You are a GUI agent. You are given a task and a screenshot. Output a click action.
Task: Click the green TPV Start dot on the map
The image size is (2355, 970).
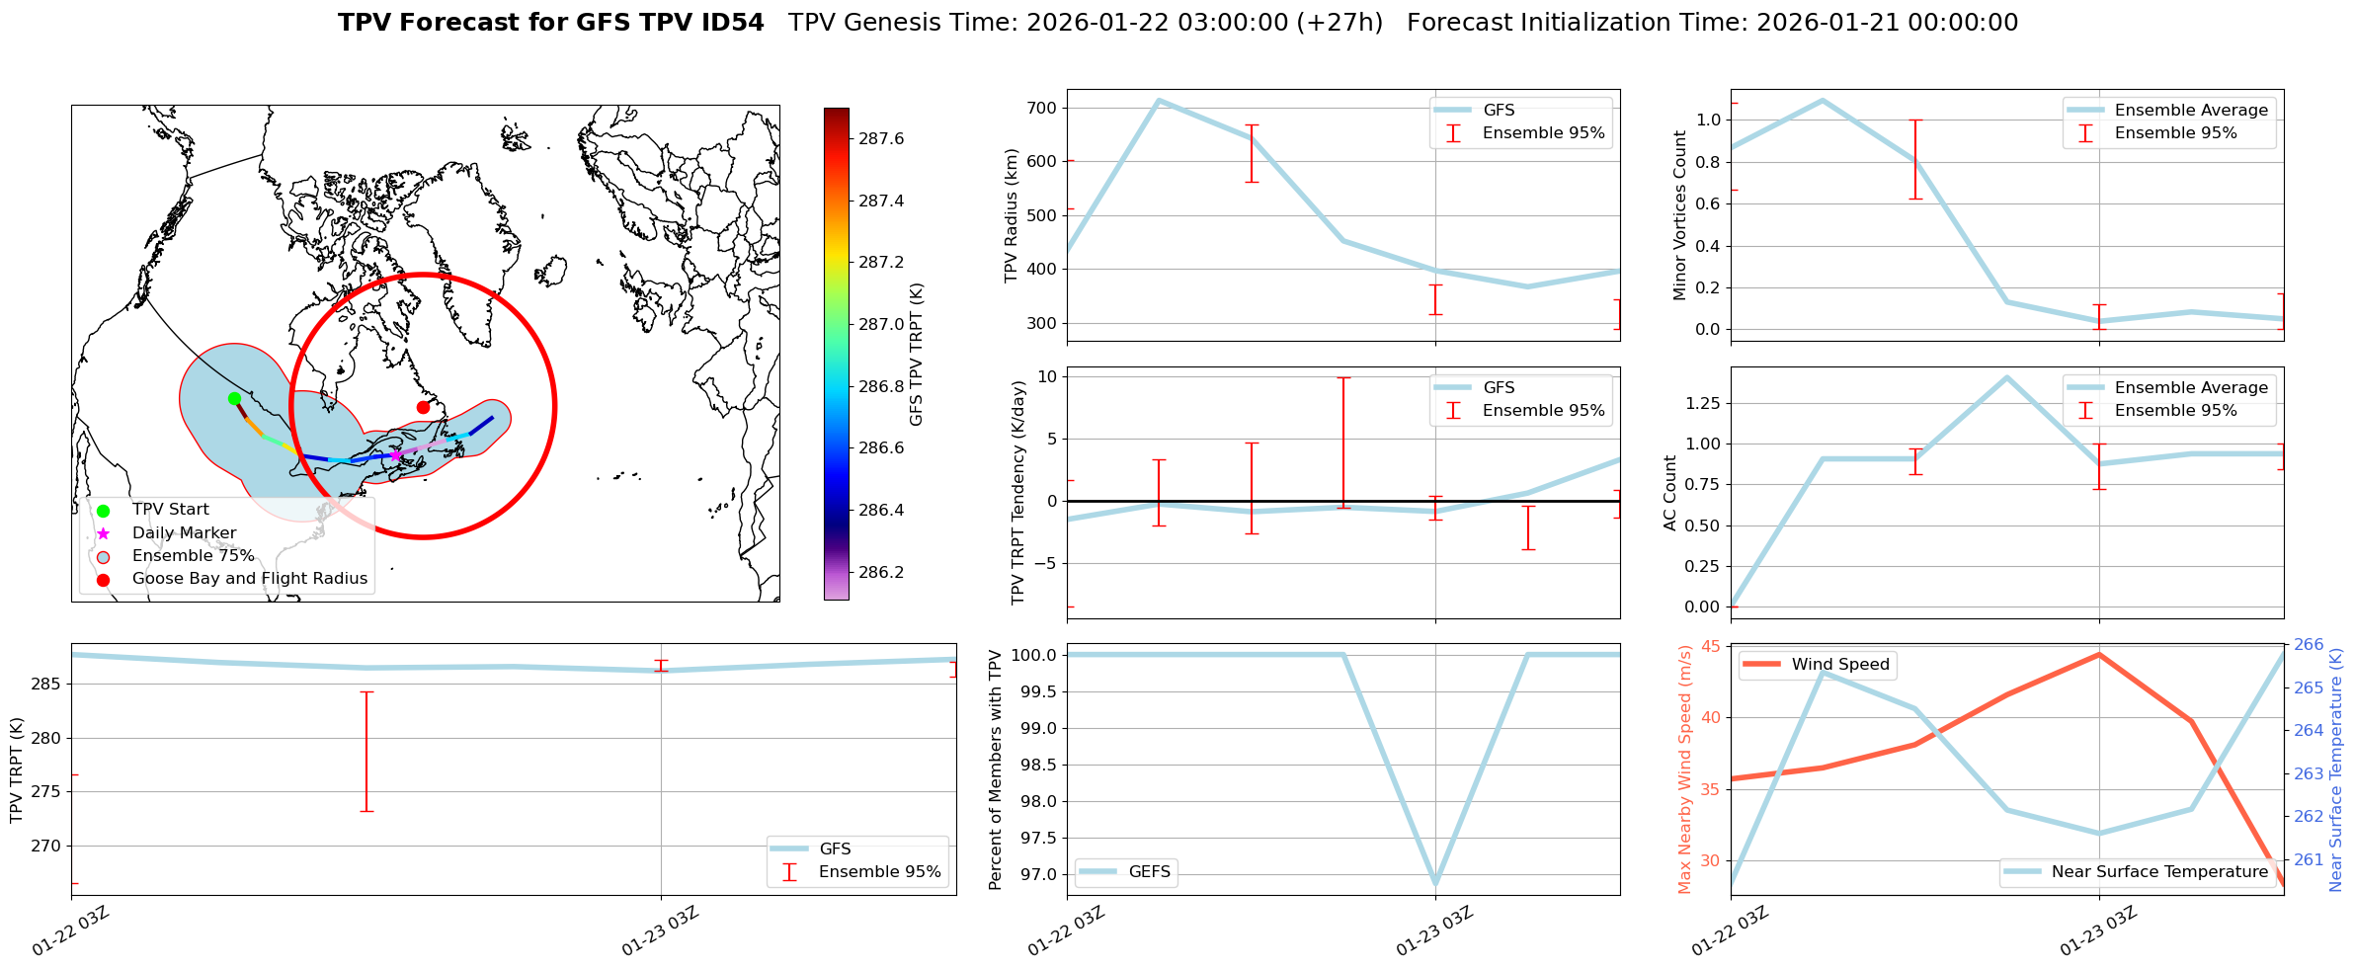[x=234, y=398]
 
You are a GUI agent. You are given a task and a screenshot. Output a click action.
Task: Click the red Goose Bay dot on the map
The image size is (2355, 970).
[x=423, y=407]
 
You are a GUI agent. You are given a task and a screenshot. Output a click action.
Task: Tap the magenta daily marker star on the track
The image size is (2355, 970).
[x=395, y=455]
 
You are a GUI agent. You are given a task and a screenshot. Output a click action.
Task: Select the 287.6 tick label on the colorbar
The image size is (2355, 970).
[x=881, y=138]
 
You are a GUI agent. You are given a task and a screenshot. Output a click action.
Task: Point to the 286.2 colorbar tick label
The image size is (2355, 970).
[x=881, y=572]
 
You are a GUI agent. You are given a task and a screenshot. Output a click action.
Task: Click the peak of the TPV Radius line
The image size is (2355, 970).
[x=1158, y=100]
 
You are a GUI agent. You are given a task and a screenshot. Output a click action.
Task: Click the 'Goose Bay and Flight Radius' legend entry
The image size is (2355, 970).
[x=249, y=579]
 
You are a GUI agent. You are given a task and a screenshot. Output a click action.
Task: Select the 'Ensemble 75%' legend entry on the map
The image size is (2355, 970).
[x=193, y=556]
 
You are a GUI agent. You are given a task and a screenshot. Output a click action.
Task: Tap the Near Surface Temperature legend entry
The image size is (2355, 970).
[x=2159, y=872]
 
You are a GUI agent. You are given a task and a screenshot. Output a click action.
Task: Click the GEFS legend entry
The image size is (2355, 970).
[x=1149, y=872]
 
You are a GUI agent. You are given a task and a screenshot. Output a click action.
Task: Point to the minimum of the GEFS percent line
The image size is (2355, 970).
[x=1435, y=883]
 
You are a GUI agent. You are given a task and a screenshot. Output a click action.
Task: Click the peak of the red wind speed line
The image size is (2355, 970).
[x=2099, y=654]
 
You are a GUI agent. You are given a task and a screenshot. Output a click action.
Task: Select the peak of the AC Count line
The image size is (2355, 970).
[x=2006, y=377]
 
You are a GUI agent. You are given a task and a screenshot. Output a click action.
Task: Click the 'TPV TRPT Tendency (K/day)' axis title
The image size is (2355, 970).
[x=1018, y=492]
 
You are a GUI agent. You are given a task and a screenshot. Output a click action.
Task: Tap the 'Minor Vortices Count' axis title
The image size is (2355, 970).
[x=1680, y=215]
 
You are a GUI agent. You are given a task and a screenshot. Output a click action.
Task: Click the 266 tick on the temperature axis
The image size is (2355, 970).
[x=2309, y=645]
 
